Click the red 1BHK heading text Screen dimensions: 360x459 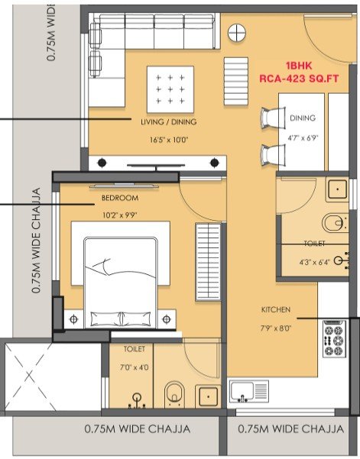click(x=299, y=66)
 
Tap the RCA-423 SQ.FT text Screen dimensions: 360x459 click(x=299, y=79)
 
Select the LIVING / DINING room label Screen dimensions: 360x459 click(x=169, y=121)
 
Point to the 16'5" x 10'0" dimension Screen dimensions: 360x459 click(x=169, y=140)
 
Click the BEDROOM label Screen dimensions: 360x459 click(x=120, y=198)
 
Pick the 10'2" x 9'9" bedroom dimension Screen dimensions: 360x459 click(x=120, y=215)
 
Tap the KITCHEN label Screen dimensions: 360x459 click(x=276, y=309)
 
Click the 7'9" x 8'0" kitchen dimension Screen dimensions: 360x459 click(x=276, y=328)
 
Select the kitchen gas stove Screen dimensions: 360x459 click(x=334, y=338)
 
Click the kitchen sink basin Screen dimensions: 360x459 click(x=242, y=391)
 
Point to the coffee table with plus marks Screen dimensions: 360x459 click(x=170, y=89)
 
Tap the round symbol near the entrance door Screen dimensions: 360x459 click(x=237, y=33)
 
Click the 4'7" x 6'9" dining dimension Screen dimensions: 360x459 click(x=303, y=137)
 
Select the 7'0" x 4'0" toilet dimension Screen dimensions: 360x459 click(x=135, y=367)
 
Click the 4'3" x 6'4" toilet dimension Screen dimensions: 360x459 click(x=315, y=262)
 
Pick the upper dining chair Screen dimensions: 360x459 click(x=273, y=118)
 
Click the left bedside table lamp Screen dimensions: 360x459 click(x=73, y=318)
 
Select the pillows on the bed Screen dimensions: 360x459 click(x=121, y=319)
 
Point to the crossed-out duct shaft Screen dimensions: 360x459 click(x=29, y=377)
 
